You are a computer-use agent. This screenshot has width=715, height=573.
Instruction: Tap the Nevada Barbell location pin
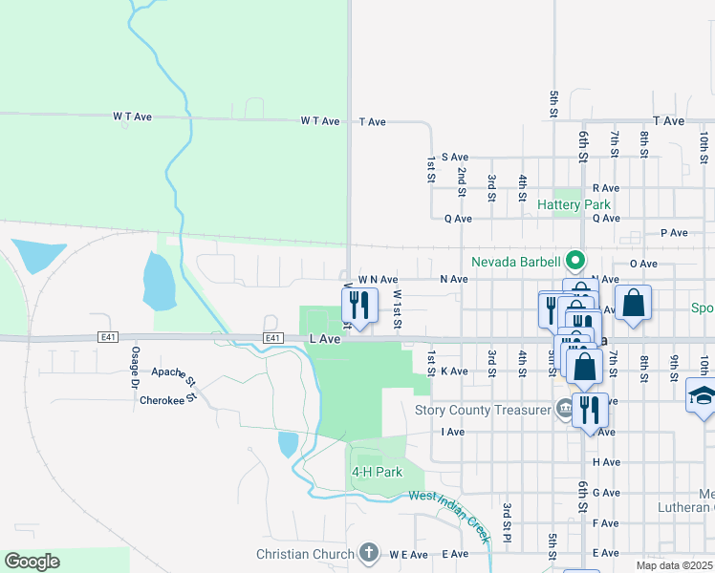pyautogui.click(x=574, y=260)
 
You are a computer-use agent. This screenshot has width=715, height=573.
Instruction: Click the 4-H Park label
pyautogui.click(x=376, y=472)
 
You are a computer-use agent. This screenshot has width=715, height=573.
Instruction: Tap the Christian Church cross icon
pyautogui.click(x=369, y=553)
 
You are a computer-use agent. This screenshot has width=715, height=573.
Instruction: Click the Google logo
pyautogui.click(x=32, y=562)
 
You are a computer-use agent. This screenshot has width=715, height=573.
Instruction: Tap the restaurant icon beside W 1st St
pyautogui.click(x=357, y=306)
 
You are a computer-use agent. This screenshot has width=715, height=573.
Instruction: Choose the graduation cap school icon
pyautogui.click(x=701, y=396)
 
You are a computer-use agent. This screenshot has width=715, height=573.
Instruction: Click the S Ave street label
pyautogui.click(x=454, y=157)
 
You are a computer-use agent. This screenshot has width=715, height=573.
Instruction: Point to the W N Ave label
pyautogui.click(x=378, y=279)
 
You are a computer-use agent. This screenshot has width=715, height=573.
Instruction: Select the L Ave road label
pyautogui.click(x=325, y=339)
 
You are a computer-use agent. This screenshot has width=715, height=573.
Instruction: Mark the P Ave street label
pyautogui.click(x=674, y=233)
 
